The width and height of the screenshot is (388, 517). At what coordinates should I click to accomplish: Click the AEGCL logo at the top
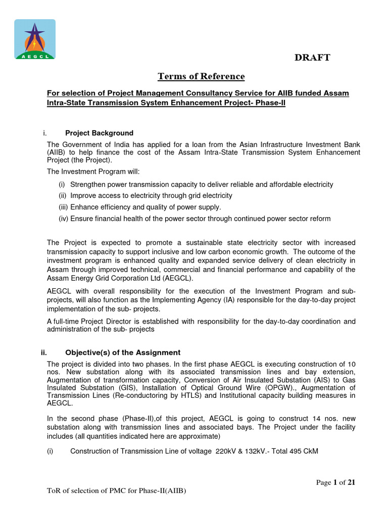(35, 40)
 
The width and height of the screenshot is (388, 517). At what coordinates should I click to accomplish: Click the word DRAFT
(312, 58)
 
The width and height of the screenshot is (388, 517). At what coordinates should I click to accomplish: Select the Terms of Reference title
(201, 76)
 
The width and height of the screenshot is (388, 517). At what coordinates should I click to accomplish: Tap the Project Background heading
(99, 133)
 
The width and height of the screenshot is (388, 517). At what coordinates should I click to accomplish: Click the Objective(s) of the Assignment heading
(123, 352)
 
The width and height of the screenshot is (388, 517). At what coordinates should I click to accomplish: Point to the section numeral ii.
(43, 352)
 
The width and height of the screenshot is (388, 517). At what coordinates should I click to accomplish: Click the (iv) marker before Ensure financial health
(63, 219)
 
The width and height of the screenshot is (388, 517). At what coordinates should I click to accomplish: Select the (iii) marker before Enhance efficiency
(63, 207)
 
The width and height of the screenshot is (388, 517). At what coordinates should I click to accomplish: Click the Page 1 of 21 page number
(335, 482)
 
